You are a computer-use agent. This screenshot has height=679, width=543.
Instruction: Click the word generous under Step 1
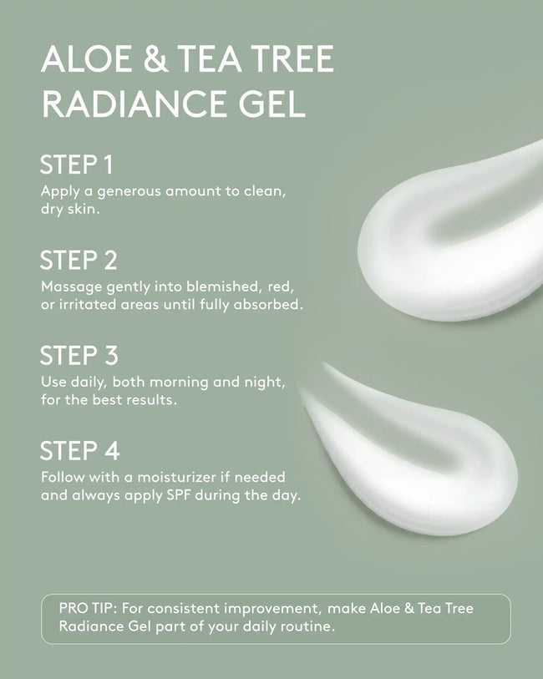[130, 191]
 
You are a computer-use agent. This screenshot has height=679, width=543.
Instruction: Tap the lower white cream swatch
[418, 451]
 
